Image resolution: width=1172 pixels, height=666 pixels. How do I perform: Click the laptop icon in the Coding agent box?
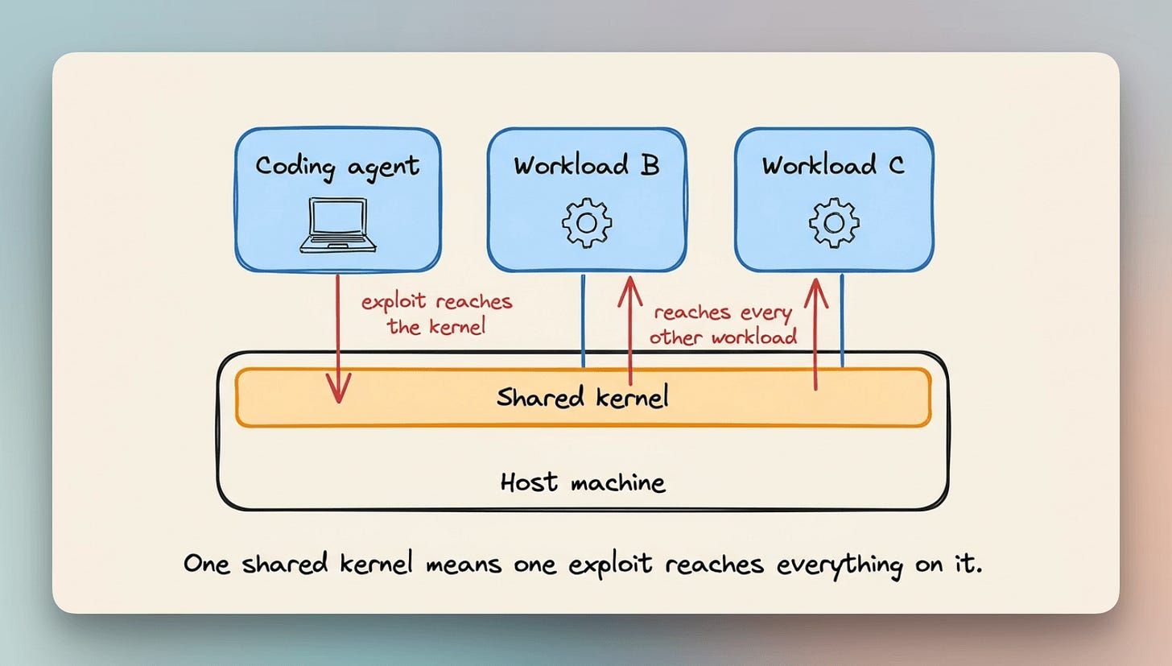(338, 225)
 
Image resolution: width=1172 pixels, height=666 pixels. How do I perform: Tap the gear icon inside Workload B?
(587, 222)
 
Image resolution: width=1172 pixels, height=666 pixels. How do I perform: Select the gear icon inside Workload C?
(834, 222)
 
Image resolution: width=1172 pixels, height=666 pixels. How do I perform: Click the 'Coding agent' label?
(337, 168)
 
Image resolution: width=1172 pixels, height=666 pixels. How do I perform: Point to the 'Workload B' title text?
(587, 165)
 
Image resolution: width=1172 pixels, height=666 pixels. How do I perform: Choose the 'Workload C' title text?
(833, 165)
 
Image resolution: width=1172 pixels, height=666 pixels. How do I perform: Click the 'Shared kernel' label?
(582, 397)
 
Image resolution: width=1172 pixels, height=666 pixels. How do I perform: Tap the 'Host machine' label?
(583, 482)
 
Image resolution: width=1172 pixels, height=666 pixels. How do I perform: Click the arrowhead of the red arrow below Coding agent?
(339, 388)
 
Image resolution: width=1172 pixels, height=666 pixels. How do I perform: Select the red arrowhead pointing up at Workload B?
(630, 292)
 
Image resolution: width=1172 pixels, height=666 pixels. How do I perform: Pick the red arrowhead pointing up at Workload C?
(815, 293)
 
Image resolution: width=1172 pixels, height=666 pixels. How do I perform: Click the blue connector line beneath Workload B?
(584, 321)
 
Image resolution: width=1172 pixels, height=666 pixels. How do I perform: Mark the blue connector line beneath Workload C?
(842, 321)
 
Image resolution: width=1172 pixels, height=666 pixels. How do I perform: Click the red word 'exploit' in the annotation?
(394, 302)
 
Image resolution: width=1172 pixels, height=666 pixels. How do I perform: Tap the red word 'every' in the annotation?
(766, 313)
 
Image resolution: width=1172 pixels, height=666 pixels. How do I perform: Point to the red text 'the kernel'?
(436, 327)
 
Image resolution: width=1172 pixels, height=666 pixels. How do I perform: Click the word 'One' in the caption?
(207, 564)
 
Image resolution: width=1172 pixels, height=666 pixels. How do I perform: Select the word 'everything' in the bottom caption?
(840, 565)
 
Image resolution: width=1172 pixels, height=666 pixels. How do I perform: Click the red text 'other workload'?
(724, 337)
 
